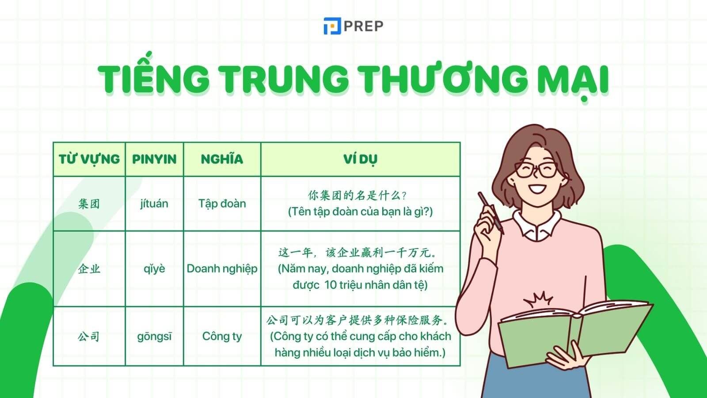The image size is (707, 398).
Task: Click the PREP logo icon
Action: coord(332,26)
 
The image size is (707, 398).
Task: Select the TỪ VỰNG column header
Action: coord(89,159)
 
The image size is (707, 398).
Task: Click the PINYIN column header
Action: coord(154,159)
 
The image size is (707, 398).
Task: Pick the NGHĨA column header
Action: coord(222,159)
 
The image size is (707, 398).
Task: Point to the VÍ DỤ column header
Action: coord(360,159)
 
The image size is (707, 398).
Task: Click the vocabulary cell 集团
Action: coord(89,204)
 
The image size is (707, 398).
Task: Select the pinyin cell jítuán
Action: coord(154,204)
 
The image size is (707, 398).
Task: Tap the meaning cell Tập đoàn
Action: coord(222,204)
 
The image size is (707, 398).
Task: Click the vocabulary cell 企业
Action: coord(89,269)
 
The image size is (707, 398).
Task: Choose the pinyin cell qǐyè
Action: coord(154,269)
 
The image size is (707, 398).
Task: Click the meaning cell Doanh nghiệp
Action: coord(222,269)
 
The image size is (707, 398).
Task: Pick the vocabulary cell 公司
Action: coord(89,337)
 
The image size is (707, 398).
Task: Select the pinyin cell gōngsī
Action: coord(154,337)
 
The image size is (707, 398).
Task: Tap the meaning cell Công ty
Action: coord(222,337)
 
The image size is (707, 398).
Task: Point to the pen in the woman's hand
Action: coord(490,212)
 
